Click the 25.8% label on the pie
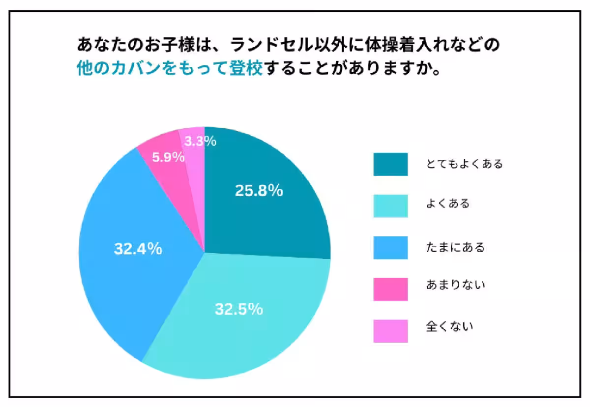[x=259, y=191]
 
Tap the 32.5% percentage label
[x=238, y=309]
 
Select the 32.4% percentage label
[x=138, y=249]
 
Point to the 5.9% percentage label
[x=168, y=157]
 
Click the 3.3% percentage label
[x=200, y=142]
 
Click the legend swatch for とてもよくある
[x=390, y=164]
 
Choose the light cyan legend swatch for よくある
[x=390, y=206]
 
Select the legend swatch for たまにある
[x=390, y=247]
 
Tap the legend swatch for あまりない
[x=390, y=289]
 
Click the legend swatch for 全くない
[x=390, y=331]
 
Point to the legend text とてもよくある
[x=464, y=164]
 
